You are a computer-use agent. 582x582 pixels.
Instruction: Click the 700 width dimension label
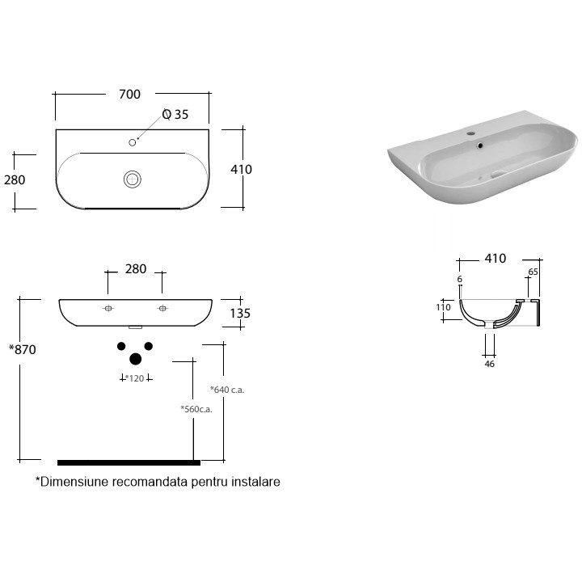tap(129, 95)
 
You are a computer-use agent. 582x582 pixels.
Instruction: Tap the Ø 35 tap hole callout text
tap(175, 114)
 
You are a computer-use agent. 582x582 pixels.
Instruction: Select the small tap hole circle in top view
tap(132, 142)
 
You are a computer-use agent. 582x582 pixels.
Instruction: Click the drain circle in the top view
tap(132, 179)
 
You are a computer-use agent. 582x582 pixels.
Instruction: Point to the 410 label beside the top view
tap(241, 169)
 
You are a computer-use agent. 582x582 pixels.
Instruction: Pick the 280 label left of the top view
tap(15, 180)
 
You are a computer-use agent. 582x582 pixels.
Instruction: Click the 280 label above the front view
tap(136, 268)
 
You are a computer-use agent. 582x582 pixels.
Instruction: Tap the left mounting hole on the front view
tap(108, 308)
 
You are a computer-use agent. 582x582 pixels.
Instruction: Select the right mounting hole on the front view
tap(162, 308)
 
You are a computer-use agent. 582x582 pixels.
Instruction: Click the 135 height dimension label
tap(240, 314)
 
